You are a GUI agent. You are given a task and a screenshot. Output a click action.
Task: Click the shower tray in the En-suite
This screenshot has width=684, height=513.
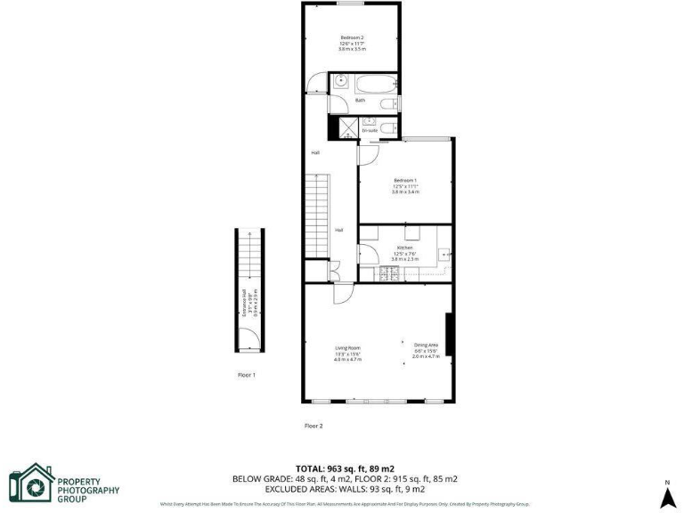(345, 129)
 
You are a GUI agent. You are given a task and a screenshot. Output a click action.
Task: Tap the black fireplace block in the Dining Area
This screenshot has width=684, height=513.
(451, 335)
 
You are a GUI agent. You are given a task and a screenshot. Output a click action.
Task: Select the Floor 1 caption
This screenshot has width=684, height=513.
(247, 375)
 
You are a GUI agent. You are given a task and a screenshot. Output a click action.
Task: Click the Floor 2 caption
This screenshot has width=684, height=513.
(313, 426)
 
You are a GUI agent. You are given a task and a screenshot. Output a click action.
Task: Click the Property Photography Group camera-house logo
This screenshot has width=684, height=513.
(32, 484)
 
